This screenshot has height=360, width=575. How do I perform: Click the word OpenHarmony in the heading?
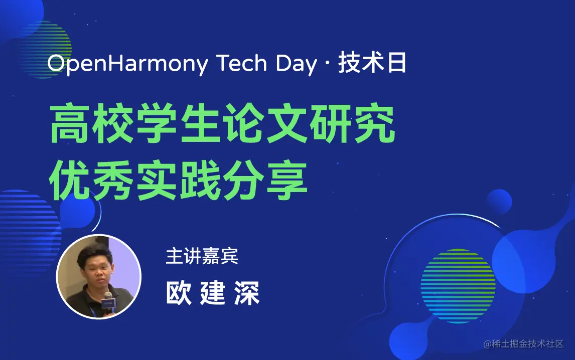[127, 64]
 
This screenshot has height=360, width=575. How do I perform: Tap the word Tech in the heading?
[242, 63]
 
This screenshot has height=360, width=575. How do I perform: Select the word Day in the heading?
[297, 64]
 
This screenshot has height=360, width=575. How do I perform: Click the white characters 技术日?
[372, 63]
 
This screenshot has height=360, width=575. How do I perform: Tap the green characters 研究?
[352, 123]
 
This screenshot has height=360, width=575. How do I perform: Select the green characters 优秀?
[91, 181]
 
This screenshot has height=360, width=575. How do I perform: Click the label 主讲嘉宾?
[202, 256]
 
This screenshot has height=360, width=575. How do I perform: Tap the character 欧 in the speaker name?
[179, 293]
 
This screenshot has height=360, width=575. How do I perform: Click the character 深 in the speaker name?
[247, 293]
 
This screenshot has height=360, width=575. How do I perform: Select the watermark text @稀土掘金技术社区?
[523, 343]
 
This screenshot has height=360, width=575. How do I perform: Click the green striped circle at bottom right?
[458, 286]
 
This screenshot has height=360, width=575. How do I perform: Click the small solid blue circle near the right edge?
[499, 202]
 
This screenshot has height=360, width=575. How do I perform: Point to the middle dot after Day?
[327, 64]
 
